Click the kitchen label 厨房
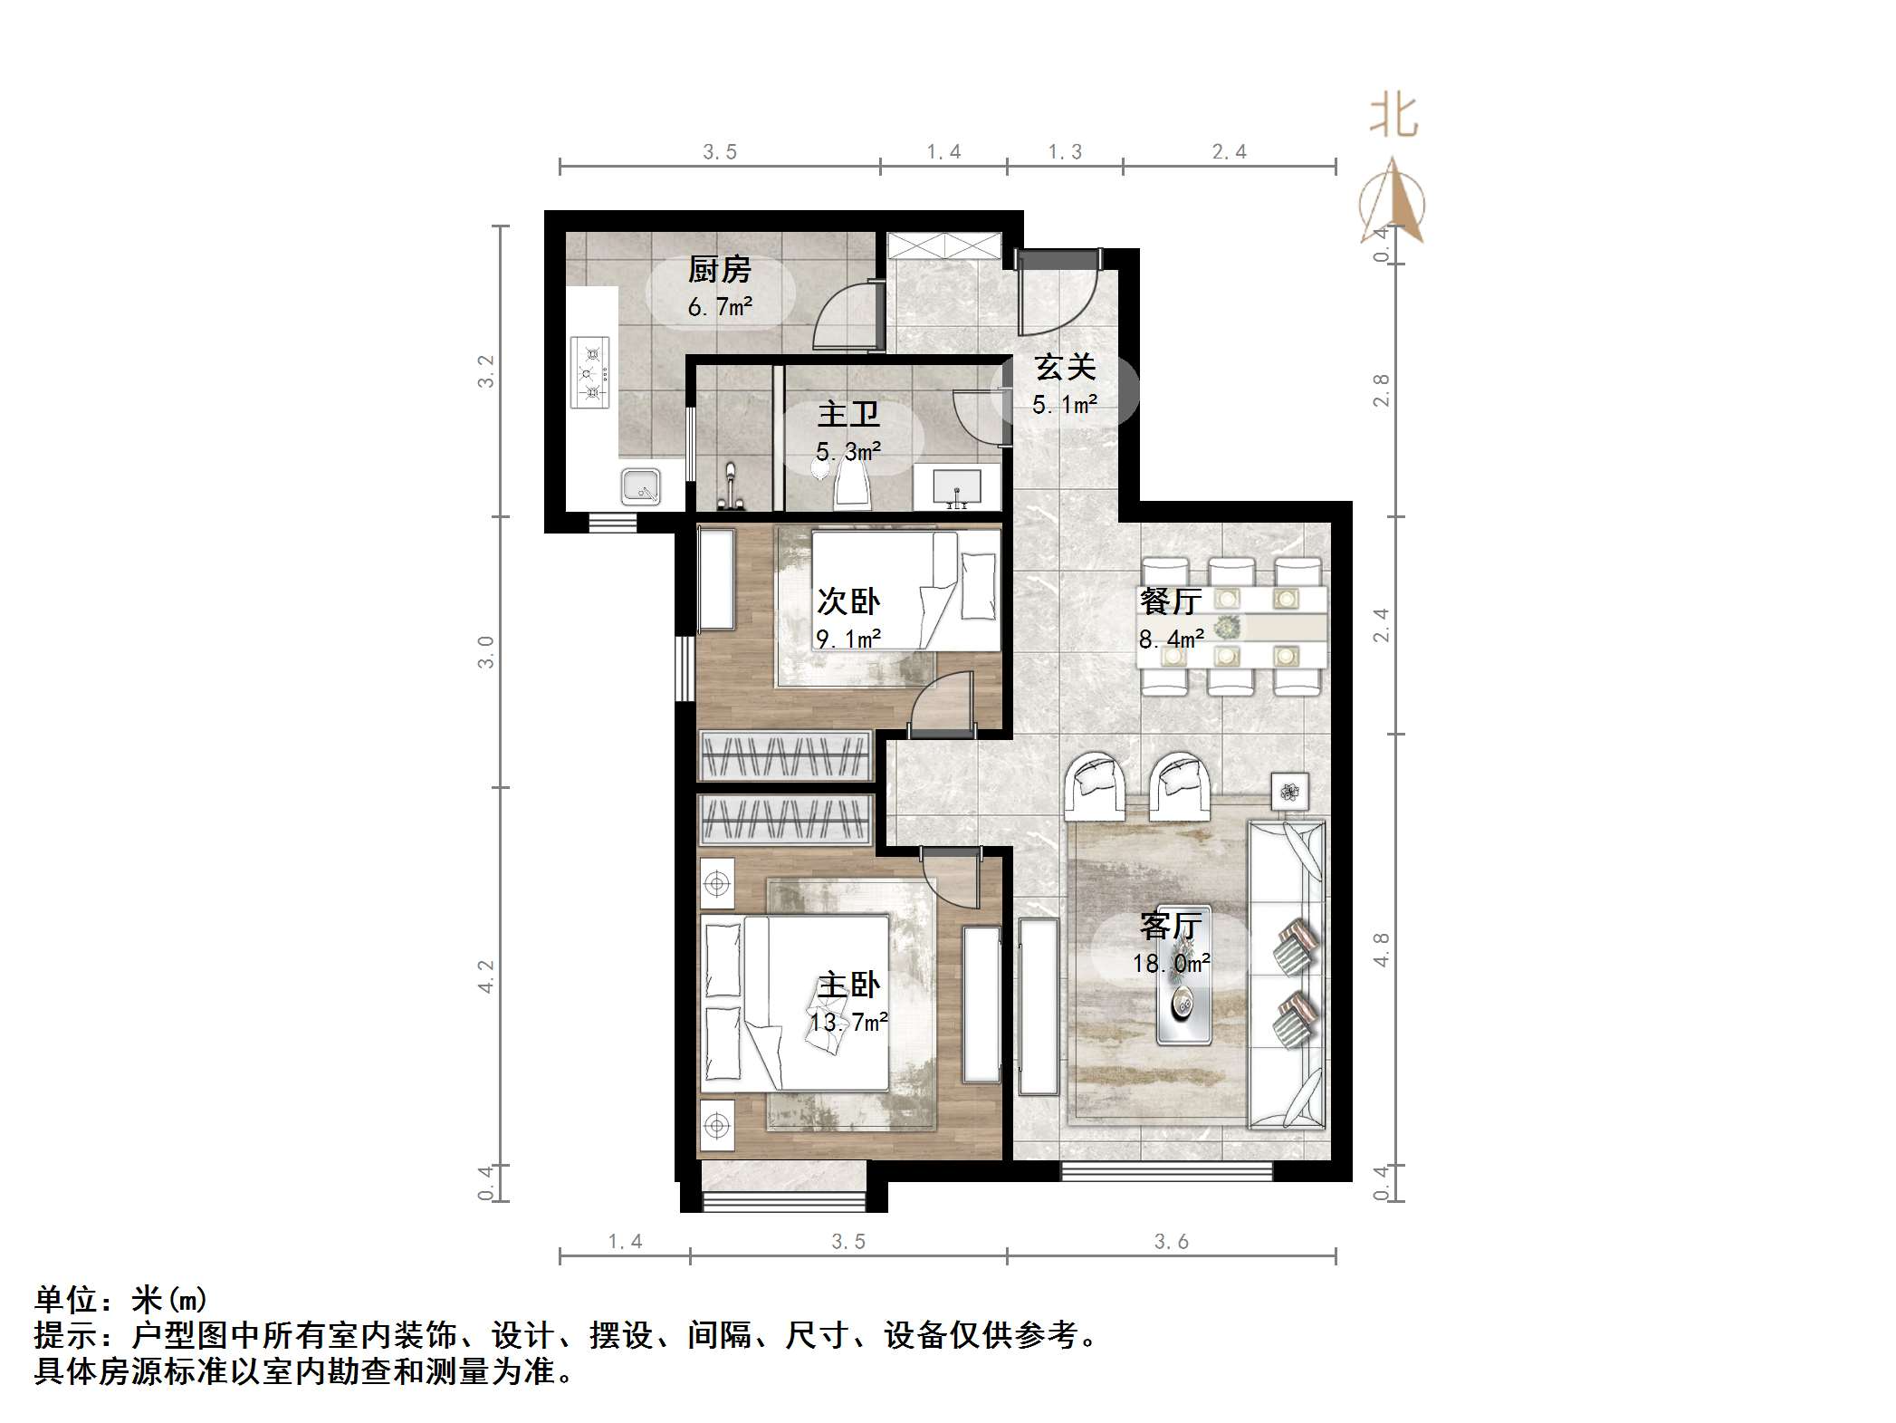click(x=720, y=270)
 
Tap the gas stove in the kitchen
click(x=590, y=372)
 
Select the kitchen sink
click(x=640, y=486)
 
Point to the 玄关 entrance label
click(x=1065, y=368)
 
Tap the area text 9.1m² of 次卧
click(x=848, y=639)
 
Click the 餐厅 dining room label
click(x=1171, y=601)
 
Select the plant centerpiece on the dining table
click(x=1228, y=626)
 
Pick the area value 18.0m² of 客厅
click(x=1171, y=964)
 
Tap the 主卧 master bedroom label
click(x=848, y=986)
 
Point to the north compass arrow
click(x=1393, y=204)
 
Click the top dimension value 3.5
click(x=720, y=152)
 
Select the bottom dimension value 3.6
click(x=1171, y=1242)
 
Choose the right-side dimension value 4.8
click(x=1381, y=949)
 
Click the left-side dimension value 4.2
click(x=486, y=976)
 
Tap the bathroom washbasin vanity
click(x=957, y=487)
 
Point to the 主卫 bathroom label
click(x=848, y=415)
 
